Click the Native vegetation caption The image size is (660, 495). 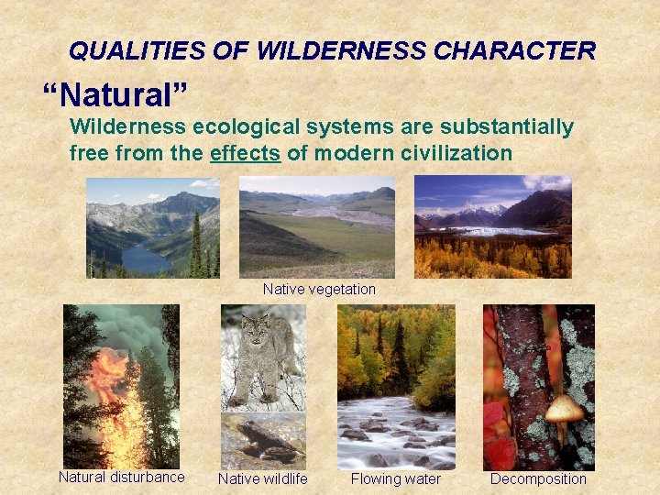(319, 290)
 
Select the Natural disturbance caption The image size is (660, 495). (121, 477)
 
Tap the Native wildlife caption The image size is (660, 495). (263, 478)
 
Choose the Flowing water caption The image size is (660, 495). (395, 478)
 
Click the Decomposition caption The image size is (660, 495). (538, 478)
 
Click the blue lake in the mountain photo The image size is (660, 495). (145, 259)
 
